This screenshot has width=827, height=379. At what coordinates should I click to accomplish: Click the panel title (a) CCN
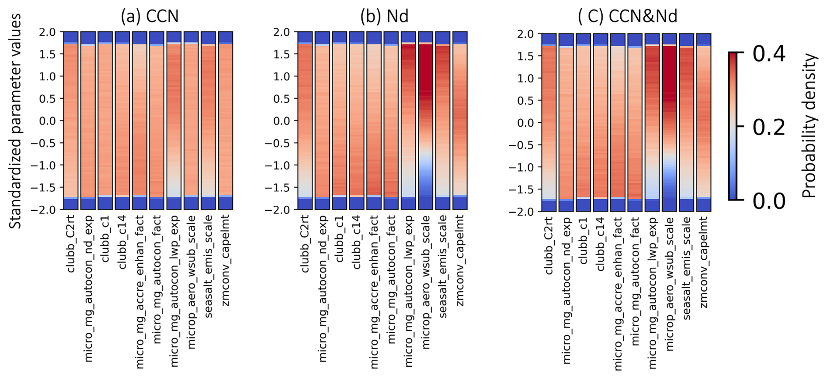(149, 16)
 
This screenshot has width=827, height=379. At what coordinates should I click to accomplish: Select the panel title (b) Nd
(384, 16)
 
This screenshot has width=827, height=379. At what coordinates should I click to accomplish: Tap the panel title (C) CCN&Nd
(627, 16)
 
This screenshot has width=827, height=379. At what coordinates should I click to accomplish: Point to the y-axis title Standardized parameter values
(15, 121)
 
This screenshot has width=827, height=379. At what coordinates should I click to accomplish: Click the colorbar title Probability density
(809, 126)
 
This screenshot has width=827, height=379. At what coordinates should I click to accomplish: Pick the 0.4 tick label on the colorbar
(768, 54)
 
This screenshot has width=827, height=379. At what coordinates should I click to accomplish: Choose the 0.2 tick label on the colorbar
(768, 127)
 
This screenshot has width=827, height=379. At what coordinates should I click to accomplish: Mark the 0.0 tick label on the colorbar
(768, 201)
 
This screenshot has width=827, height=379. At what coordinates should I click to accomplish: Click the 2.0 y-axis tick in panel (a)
(47, 32)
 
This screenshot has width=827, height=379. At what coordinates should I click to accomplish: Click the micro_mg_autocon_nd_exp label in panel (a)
(88, 288)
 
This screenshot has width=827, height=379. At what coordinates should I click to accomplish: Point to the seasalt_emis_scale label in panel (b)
(443, 266)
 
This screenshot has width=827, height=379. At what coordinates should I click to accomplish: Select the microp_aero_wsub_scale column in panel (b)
(425, 121)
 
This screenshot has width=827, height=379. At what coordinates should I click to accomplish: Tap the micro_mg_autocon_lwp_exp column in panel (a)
(174, 121)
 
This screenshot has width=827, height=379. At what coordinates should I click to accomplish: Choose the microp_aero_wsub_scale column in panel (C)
(669, 122)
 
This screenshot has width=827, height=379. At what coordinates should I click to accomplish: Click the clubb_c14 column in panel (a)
(122, 121)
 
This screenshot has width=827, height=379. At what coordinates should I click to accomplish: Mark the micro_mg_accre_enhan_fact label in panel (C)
(618, 294)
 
